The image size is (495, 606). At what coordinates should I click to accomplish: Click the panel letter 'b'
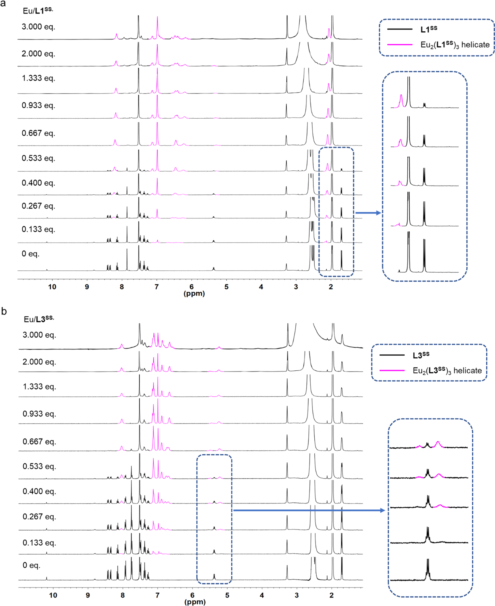click(4, 311)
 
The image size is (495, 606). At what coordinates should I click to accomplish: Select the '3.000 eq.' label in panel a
click(38, 27)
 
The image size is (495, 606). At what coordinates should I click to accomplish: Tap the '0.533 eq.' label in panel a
click(38, 158)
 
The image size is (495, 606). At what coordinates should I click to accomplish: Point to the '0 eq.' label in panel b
click(31, 565)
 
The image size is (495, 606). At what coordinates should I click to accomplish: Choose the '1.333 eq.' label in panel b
click(39, 386)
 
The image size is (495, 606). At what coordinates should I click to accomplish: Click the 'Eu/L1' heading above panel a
click(38, 10)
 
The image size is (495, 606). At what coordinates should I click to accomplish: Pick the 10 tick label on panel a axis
click(52, 287)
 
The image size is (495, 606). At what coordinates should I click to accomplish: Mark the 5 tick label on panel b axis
click(227, 595)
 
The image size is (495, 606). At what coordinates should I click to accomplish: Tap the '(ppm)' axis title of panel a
click(194, 294)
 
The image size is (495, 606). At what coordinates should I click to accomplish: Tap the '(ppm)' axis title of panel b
click(195, 602)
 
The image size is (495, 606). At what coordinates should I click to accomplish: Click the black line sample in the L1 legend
click(400, 29)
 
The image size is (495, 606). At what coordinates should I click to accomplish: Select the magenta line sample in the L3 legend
click(392, 370)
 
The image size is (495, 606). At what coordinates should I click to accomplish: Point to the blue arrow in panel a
click(368, 213)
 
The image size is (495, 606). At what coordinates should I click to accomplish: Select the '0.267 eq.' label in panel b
click(39, 516)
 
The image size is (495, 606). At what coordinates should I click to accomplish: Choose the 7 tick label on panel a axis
click(157, 287)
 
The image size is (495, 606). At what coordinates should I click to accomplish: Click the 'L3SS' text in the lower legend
click(421, 355)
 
